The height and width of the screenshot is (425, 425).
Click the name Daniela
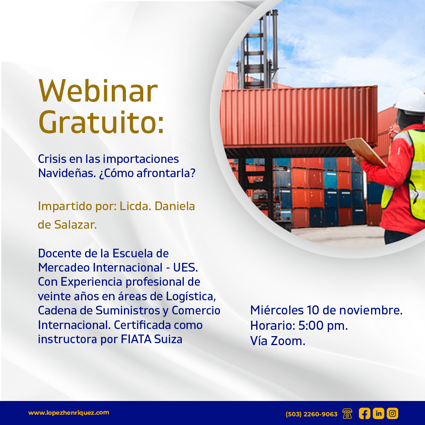coord(175,206)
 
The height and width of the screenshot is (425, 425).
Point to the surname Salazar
coord(75,224)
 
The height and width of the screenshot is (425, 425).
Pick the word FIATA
coord(136,339)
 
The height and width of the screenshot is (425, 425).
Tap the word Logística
coord(191,296)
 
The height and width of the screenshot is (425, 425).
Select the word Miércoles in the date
coord(277,310)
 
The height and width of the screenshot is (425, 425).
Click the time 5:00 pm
coord(323,325)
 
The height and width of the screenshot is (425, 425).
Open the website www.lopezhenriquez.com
coord(69,412)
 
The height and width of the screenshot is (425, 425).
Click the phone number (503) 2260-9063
coord(311,414)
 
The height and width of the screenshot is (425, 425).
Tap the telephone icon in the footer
coord(347,414)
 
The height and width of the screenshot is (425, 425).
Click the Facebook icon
coord(364,414)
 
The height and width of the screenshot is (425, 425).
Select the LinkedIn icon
coord(379,414)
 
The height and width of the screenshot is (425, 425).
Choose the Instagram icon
coord(392,414)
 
